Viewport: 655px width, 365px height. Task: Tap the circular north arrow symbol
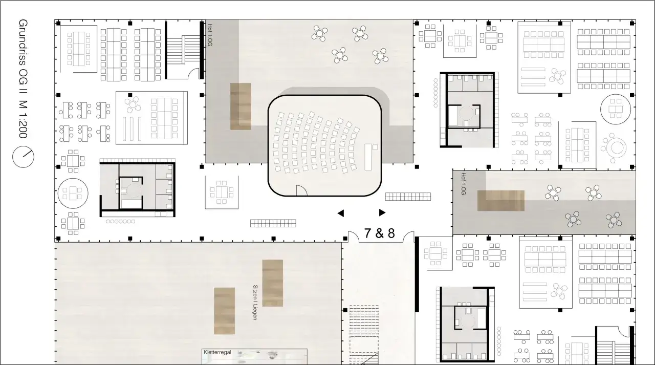pos(23,157)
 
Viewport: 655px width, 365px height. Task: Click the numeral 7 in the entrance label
pos(368,233)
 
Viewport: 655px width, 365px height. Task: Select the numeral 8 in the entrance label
pos(391,233)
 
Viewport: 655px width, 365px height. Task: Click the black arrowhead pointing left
pos(340,213)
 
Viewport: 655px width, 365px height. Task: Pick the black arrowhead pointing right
pos(382,212)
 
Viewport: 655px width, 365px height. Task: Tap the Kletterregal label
pos(217,352)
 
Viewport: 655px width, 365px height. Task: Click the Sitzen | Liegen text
pos(255,303)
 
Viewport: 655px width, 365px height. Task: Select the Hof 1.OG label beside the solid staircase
pos(210,35)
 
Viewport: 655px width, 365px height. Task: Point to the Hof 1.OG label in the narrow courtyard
pos(464,184)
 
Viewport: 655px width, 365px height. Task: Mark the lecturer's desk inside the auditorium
pos(368,157)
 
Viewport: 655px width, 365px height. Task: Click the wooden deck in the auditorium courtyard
pos(241,106)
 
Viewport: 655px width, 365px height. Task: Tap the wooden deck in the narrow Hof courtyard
pos(501,201)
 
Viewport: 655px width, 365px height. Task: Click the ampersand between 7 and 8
pos(379,233)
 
